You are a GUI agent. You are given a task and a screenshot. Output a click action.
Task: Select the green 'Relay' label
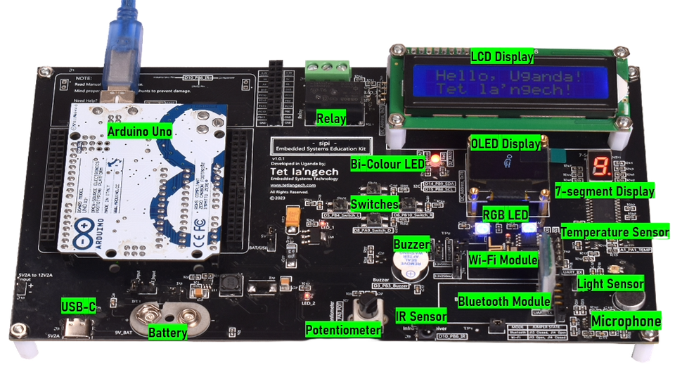pos(330,119)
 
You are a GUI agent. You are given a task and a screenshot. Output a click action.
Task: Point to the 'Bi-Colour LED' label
pos(388,164)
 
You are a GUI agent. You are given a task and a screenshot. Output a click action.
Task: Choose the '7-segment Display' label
pos(613,191)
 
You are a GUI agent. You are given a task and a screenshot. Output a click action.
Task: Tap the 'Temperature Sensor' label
pos(615,231)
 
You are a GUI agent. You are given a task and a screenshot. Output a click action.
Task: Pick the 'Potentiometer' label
pos(344,330)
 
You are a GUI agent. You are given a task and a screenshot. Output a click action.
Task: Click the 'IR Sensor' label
pos(420,316)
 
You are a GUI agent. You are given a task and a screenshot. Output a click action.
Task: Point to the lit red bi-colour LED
pos(435,160)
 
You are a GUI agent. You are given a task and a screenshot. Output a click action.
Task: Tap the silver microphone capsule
pos(626,300)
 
